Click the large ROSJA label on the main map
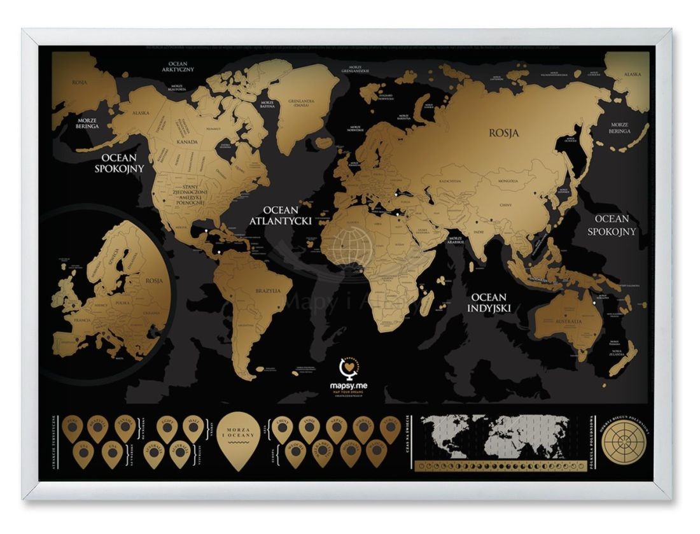(x=503, y=134)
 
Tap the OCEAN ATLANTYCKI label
(x=286, y=215)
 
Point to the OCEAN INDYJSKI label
(x=489, y=303)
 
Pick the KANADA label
(x=186, y=141)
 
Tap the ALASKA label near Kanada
(x=141, y=113)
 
